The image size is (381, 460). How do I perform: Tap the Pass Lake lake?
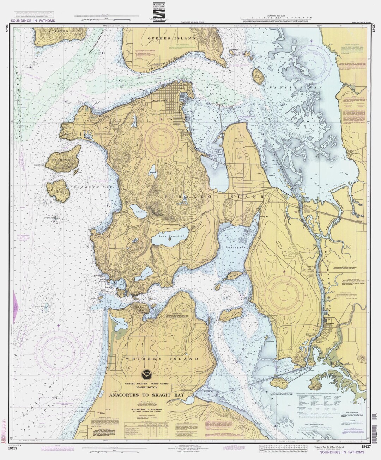click(143, 272)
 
